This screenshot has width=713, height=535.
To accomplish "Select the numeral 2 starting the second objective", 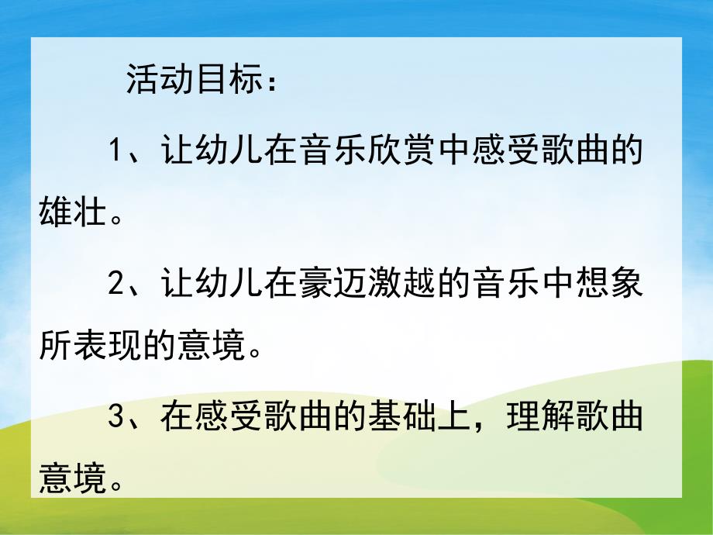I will click(x=117, y=285).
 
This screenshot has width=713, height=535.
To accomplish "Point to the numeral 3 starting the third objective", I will click(x=117, y=418).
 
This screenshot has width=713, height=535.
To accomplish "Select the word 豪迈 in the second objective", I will click(x=329, y=285).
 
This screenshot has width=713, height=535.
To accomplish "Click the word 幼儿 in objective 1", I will click(x=216, y=150).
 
